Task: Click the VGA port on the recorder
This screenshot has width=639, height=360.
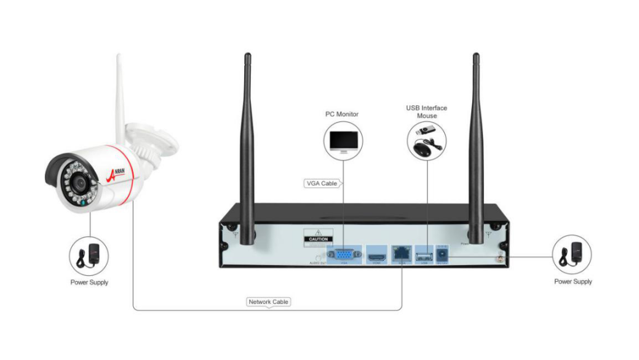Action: coord(344,254)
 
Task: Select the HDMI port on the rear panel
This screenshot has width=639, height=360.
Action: coord(375,254)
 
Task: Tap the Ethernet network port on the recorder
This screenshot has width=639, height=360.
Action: coord(401,253)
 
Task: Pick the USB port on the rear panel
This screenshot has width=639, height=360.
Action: coord(424,254)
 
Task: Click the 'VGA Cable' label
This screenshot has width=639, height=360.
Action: coord(321,183)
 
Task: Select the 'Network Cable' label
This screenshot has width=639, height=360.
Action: coord(269,302)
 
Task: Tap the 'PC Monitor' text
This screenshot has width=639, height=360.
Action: coord(342,114)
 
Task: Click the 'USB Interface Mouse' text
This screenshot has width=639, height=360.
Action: coord(426,111)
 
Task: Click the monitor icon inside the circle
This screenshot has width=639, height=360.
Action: coord(342,142)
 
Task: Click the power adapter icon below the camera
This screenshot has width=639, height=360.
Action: coord(89,255)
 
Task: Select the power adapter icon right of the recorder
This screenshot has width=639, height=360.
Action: coord(573,255)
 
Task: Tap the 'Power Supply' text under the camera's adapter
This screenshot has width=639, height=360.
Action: coord(89,282)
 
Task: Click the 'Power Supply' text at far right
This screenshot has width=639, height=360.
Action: coord(573,282)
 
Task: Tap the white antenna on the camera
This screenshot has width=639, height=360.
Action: coord(121,92)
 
